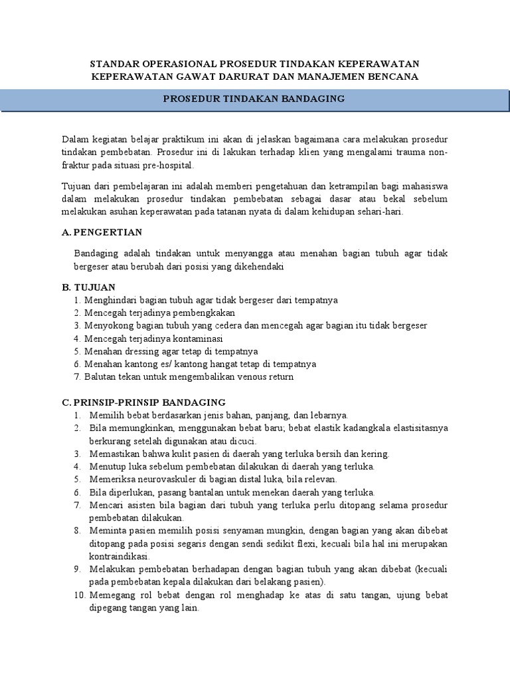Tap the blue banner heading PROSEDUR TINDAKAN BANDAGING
coord(254,98)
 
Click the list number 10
coord(80,595)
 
